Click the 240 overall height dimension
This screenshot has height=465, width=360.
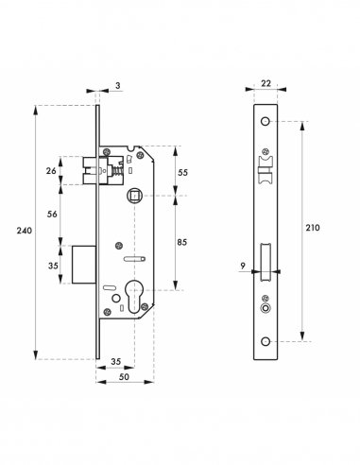[x=20, y=230]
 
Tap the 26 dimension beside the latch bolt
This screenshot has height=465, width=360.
[x=50, y=171]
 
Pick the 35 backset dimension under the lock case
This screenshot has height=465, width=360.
[x=115, y=362]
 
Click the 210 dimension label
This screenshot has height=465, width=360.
[x=312, y=228]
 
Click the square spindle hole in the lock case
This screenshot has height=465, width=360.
[x=134, y=197]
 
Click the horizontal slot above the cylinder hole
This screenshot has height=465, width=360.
[x=134, y=257]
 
